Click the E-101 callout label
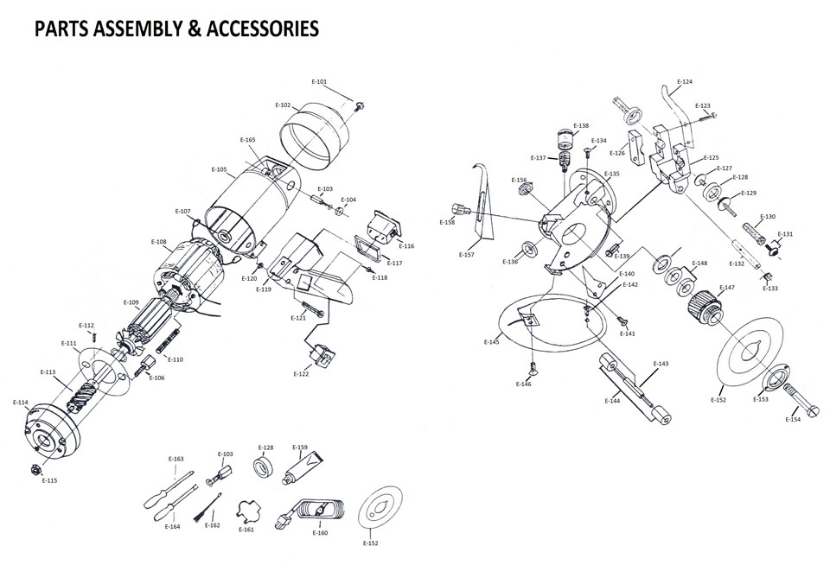pyautogui.click(x=319, y=82)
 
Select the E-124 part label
pyautogui.click(x=684, y=82)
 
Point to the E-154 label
pyautogui.click(x=793, y=420)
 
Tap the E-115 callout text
pyautogui.click(x=50, y=480)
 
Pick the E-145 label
pyautogui.click(x=492, y=343)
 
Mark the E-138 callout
pyautogui.click(x=581, y=125)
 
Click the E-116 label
pyautogui.click(x=406, y=246)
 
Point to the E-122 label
pyautogui.click(x=301, y=374)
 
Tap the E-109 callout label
pyautogui.click(x=131, y=302)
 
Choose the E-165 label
pyautogui.click(x=248, y=140)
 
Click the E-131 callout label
pyautogui.click(x=785, y=234)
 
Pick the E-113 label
pyautogui.click(x=48, y=372)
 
